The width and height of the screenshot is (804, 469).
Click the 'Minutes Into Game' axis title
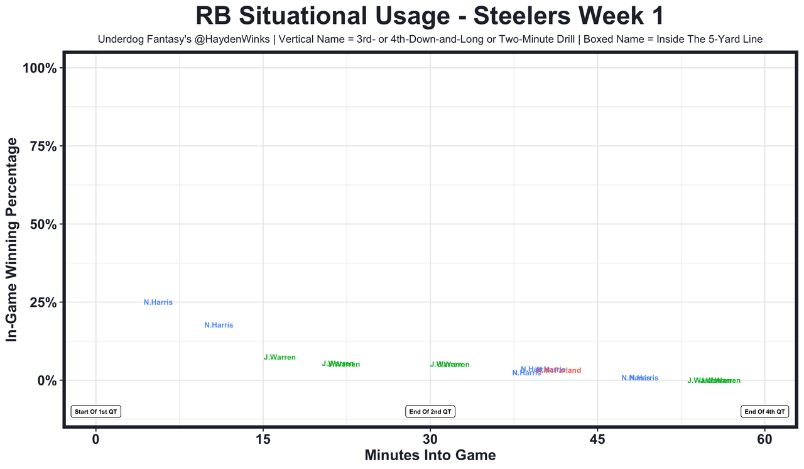[x=430, y=455]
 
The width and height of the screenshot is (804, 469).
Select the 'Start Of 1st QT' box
[x=95, y=412]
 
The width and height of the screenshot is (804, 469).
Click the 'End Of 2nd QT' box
[x=430, y=412]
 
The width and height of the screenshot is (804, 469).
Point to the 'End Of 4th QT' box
[x=764, y=412]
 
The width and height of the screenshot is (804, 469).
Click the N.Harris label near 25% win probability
[x=158, y=302]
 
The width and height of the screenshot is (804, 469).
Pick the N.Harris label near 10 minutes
[x=219, y=325]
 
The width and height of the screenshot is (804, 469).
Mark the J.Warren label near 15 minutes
[x=280, y=357]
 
